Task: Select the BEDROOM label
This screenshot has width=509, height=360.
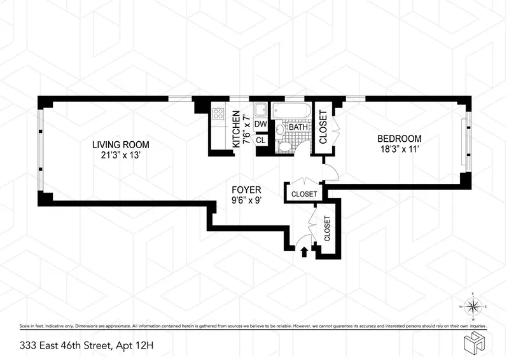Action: coord(399,139)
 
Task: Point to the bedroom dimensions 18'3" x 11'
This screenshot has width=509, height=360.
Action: coord(399,150)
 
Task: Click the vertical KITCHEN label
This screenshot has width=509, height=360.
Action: coord(236,129)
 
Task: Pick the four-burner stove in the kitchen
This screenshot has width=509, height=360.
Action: coord(218,114)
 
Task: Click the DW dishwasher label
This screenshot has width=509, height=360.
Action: coord(260,125)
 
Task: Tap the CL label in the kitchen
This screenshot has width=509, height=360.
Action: coord(260,140)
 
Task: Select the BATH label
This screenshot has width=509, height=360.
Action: coord(298,127)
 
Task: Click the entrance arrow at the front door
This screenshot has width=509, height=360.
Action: coord(304,251)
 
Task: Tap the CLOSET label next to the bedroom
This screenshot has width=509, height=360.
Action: coord(323,127)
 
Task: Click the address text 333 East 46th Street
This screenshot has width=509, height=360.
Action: coord(64,345)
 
